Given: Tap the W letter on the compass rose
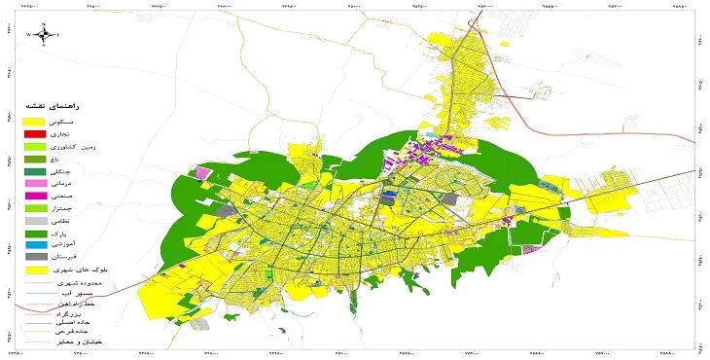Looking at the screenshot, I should pyautogui.click(x=28, y=34).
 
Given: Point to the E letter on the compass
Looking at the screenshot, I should pyautogui.click(x=58, y=34).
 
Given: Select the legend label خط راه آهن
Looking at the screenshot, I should pyautogui.click(x=74, y=303).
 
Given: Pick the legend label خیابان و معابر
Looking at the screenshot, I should pyautogui.click(x=77, y=342).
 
